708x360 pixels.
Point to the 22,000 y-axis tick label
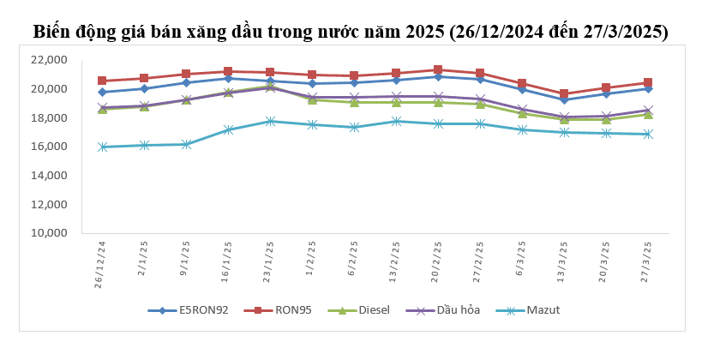(48, 60)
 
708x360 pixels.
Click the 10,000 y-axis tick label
(48, 233)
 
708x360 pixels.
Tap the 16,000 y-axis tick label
(48, 147)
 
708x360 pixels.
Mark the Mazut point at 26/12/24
(103, 147)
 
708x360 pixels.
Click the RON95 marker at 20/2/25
(438, 69)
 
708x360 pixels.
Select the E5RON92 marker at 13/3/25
(564, 99)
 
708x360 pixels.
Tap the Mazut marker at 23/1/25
(270, 121)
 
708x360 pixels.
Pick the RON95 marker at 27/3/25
(648, 82)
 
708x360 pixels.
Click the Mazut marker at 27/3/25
(648, 134)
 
